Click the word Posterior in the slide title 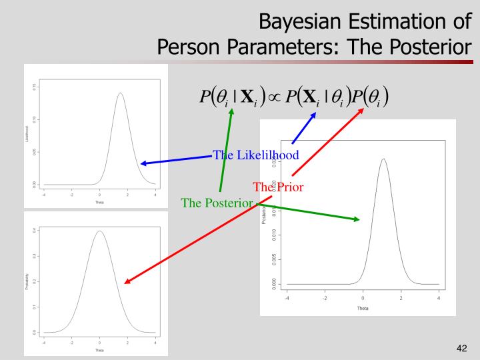[x=417, y=48]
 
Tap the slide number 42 [x=461, y=347]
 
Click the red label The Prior [x=279, y=187]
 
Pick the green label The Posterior [x=217, y=203]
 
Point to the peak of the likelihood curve [x=120, y=93]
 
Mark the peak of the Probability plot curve [x=99, y=231]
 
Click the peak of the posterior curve [x=383, y=159]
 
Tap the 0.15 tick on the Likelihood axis [x=35, y=87]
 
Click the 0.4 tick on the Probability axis [x=35, y=230]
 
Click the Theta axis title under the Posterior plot [x=363, y=309]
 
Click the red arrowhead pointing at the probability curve [x=127, y=282]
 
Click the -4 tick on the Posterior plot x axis [x=287, y=297]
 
